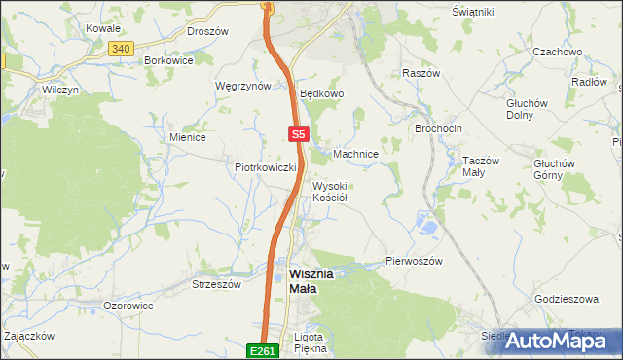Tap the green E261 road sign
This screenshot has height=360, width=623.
coord(262,350)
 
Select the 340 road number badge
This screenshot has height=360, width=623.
coord(121,48)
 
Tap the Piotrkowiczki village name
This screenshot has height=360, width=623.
coord(265,167)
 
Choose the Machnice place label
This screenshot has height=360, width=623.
coord(355,154)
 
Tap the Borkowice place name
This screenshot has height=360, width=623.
coord(168,60)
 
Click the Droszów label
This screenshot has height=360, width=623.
coord(206,31)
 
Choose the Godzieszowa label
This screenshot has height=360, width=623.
coord(567,299)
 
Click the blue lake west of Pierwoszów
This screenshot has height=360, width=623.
coord(425,226)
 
